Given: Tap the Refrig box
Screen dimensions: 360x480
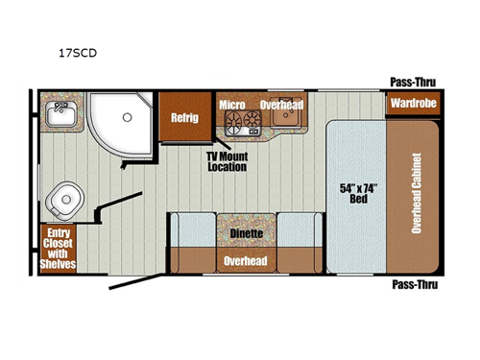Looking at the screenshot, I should [x=184, y=118].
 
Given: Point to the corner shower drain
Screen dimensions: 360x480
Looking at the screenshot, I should [x=125, y=118].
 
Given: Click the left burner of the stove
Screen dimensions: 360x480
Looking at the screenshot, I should [x=232, y=121].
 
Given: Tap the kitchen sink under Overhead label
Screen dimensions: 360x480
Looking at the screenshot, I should [x=282, y=118].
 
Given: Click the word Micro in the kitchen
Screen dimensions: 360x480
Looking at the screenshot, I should [x=230, y=105].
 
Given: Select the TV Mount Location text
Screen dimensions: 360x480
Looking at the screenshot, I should [x=228, y=160].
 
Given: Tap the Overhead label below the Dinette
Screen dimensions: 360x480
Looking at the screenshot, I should [x=247, y=259].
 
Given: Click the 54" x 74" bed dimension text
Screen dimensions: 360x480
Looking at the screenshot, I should [x=355, y=192].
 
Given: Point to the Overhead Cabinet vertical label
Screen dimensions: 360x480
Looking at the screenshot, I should [x=418, y=192].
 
